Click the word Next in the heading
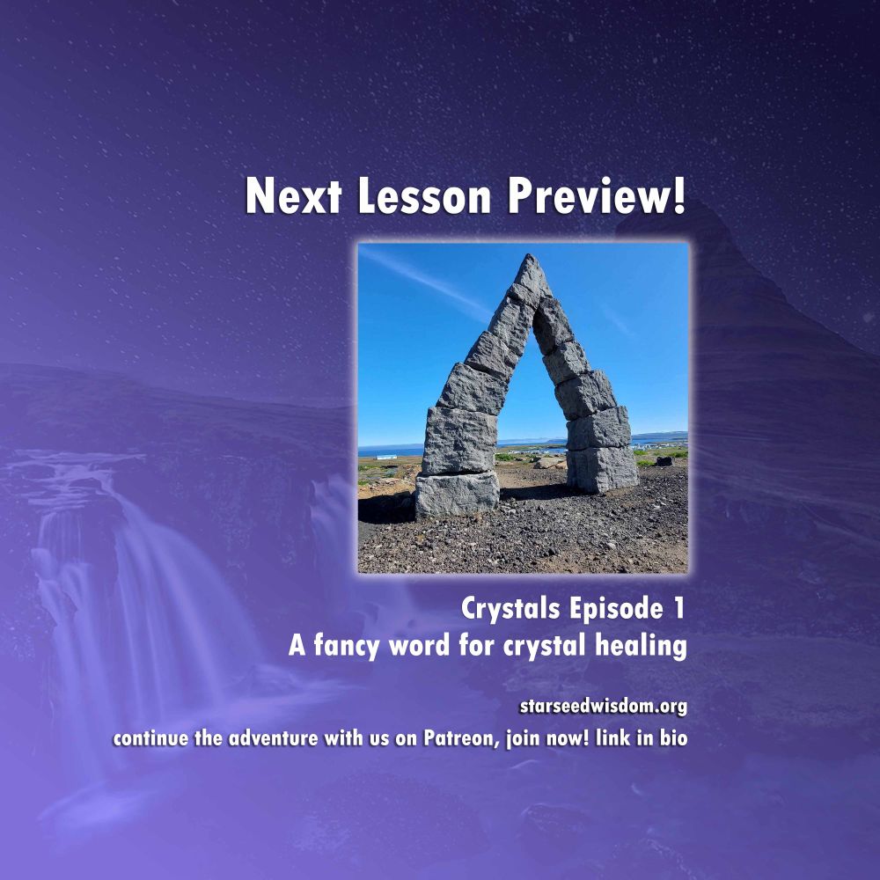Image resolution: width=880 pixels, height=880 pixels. [x=294, y=196]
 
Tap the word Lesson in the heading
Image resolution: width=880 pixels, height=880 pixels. [x=424, y=196]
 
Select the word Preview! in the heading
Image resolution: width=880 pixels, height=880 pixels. [x=597, y=196]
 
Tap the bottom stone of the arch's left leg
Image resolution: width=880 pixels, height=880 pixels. [x=457, y=494]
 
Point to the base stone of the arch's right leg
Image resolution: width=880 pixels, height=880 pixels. [x=602, y=469]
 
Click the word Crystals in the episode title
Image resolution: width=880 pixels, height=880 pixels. [x=510, y=609]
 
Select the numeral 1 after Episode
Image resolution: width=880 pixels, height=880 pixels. [x=679, y=608]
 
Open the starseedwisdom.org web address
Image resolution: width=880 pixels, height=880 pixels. [x=604, y=706]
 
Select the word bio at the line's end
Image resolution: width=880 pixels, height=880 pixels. [x=673, y=737]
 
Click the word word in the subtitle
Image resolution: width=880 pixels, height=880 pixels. [x=419, y=645]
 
